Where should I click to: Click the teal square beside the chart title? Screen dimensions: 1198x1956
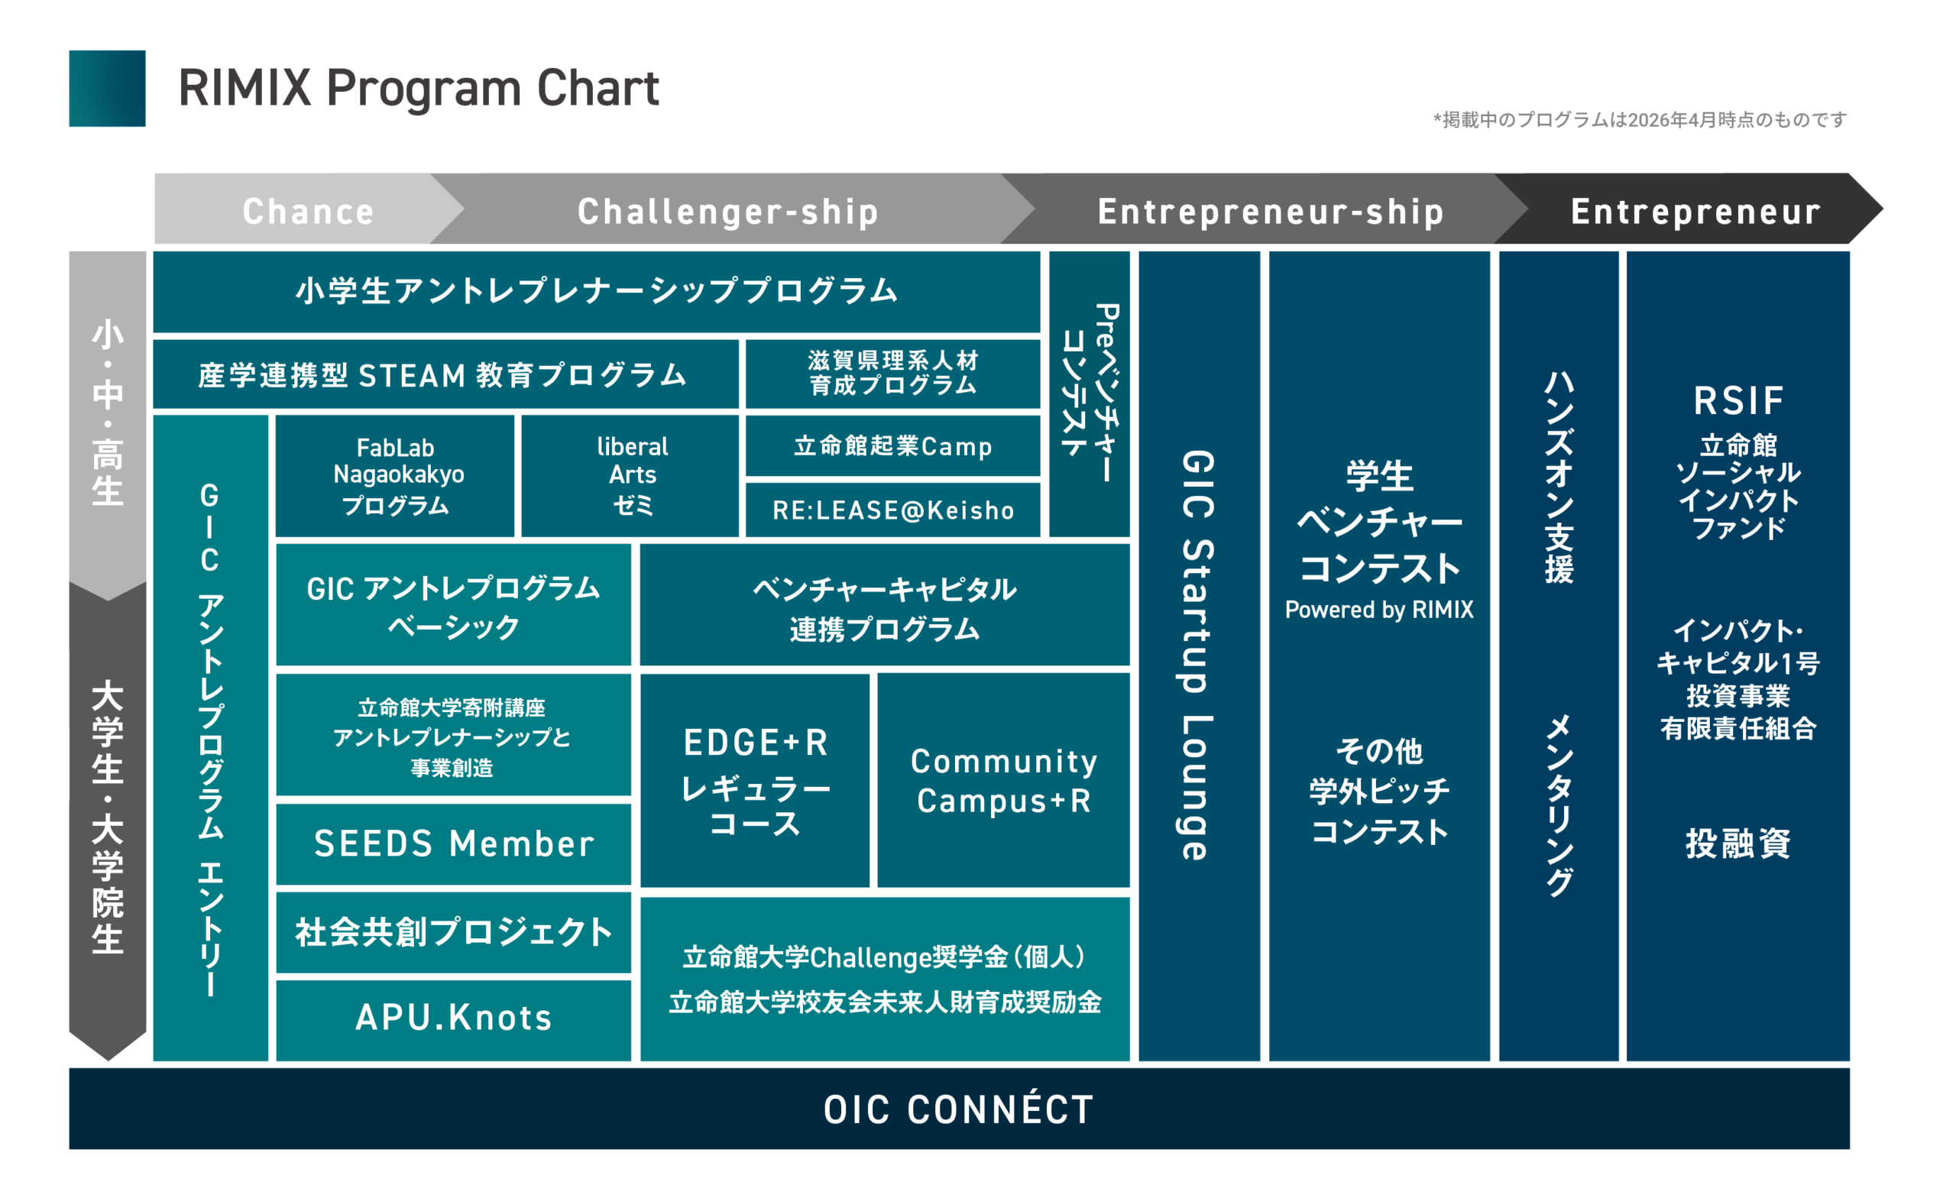point(107,89)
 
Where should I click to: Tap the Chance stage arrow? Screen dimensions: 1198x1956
point(308,210)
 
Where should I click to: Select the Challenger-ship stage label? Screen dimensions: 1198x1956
point(728,211)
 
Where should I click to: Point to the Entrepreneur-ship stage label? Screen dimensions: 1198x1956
point(1270,211)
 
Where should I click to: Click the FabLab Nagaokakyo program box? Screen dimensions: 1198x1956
point(395,475)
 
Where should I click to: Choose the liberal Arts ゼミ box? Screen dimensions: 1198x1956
point(632,475)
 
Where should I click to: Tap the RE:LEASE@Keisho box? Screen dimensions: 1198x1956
point(893,510)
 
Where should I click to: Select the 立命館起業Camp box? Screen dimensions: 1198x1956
point(893,445)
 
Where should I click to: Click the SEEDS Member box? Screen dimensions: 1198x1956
point(453,843)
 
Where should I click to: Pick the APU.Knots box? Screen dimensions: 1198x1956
point(453,1018)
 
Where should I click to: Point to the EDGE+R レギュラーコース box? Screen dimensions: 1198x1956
point(755,781)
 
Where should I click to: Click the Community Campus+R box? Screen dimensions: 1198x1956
point(1003,781)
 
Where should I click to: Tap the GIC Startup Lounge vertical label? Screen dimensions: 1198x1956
point(1198,655)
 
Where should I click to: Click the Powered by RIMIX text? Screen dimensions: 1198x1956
point(1379,610)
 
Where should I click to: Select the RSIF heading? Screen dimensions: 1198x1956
point(1738,400)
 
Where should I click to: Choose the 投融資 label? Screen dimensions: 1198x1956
point(1738,843)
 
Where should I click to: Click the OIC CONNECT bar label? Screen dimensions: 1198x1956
point(958,1109)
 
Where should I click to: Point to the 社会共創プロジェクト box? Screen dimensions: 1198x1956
point(453,932)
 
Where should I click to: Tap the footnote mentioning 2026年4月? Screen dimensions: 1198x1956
point(1640,120)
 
